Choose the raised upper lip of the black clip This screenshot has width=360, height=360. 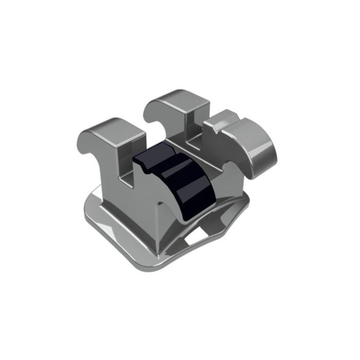(154, 154)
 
